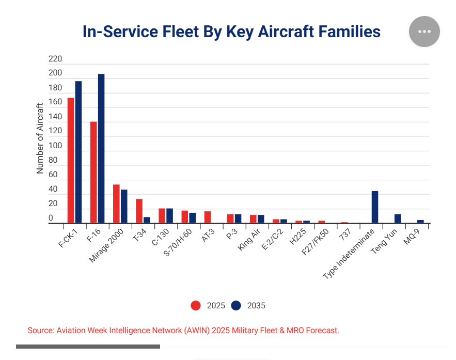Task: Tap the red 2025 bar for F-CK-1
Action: pyautogui.click(x=71, y=161)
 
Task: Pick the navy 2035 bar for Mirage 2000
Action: pyautogui.click(x=124, y=207)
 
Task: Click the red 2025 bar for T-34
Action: pyautogui.click(x=139, y=211)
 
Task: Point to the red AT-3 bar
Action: pyautogui.click(x=208, y=217)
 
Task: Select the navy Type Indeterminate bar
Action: pyautogui.click(x=375, y=207)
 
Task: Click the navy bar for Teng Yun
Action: pyautogui.click(x=398, y=219)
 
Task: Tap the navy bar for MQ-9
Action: pyautogui.click(x=420, y=222)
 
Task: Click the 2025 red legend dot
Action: pyautogui.click(x=196, y=306)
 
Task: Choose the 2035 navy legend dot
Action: pyautogui.click(x=236, y=306)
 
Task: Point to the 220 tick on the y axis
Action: pyautogui.click(x=55, y=59)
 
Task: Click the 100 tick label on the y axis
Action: pyautogui.click(x=55, y=146)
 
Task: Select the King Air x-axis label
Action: pyautogui.click(x=249, y=241)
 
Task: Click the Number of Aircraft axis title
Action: pyautogui.click(x=40, y=138)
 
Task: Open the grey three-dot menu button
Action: pyautogui.click(x=424, y=32)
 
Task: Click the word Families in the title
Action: pyautogui.click(x=348, y=32)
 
